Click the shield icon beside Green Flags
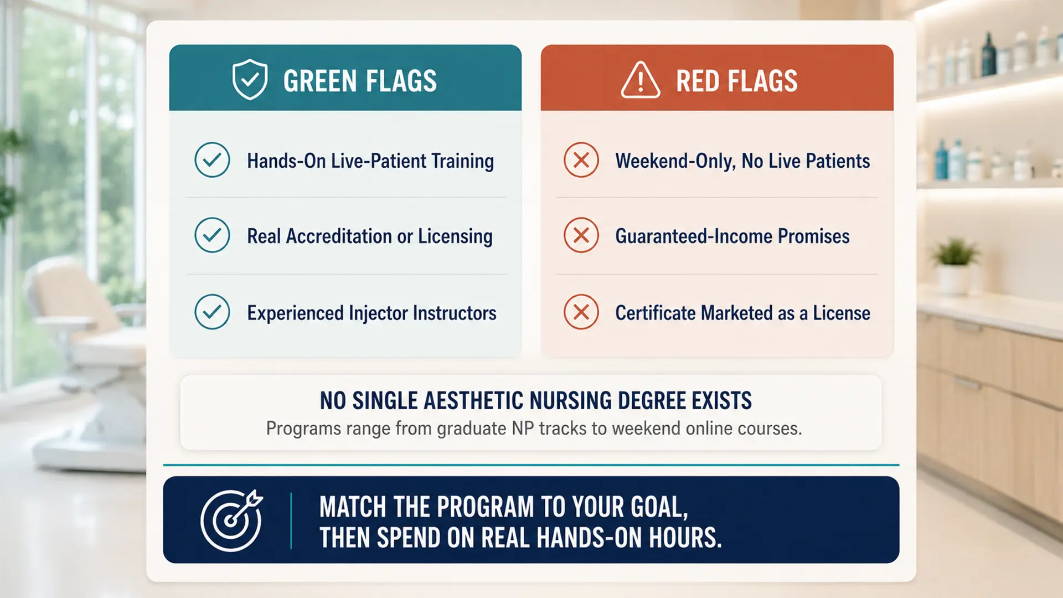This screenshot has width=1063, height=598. pyautogui.click(x=250, y=79)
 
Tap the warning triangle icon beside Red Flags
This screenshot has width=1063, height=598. pyautogui.click(x=640, y=80)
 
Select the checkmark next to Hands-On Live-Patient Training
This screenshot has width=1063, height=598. pyautogui.click(x=212, y=160)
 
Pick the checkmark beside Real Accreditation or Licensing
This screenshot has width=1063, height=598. pyautogui.click(x=212, y=235)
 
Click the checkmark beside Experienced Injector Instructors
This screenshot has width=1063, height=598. pyautogui.click(x=212, y=312)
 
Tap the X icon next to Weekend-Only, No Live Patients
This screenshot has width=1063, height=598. pyautogui.click(x=581, y=160)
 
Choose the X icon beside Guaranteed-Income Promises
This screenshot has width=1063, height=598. pyautogui.click(x=581, y=235)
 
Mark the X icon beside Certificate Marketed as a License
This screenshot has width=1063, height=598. pyautogui.click(x=581, y=312)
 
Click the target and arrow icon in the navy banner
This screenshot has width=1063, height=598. pyautogui.click(x=231, y=520)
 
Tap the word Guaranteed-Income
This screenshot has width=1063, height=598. pyautogui.click(x=694, y=236)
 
